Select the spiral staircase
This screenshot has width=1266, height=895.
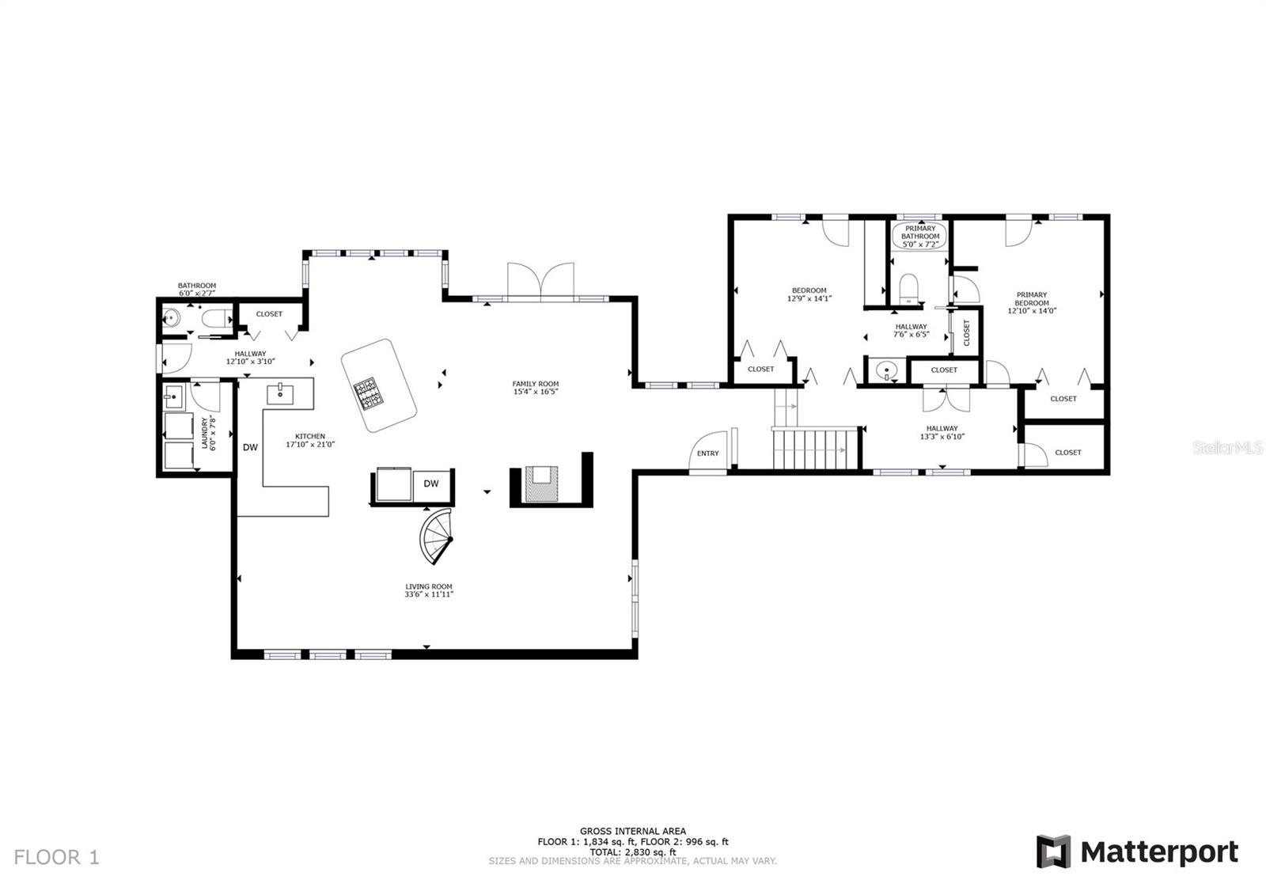point(437,537)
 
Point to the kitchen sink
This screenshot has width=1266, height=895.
point(280,390)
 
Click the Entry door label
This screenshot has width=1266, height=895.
point(707,453)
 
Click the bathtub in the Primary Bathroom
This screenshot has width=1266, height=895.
point(920,235)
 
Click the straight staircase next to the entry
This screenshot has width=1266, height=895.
point(815,449)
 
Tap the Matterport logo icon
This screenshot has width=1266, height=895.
point(1053,851)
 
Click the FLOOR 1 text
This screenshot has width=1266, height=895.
point(57,857)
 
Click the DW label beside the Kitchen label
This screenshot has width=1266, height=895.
point(250,447)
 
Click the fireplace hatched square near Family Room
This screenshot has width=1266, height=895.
point(541,484)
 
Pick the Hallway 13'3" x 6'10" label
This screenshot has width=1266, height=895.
point(942,432)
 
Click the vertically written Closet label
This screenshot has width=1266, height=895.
point(966,332)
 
